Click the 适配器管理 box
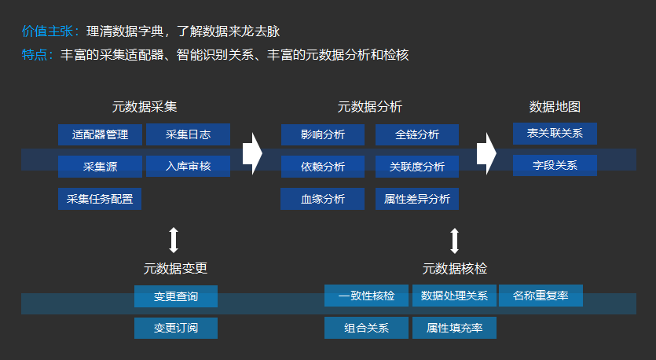point(100,134)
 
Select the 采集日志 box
point(188,134)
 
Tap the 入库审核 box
point(188,167)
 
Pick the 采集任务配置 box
point(100,199)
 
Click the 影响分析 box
point(322,134)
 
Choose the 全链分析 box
point(416,134)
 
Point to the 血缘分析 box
point(322,199)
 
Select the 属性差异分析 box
point(416,199)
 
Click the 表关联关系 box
point(555,134)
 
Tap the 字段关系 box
point(555,166)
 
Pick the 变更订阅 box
point(175,328)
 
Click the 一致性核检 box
point(366,296)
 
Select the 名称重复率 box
point(541,296)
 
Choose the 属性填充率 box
point(454,328)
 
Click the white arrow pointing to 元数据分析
point(251,153)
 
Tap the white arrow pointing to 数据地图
point(487,153)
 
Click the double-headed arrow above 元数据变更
point(174,239)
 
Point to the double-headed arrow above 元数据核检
point(454,239)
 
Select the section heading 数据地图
point(555,107)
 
